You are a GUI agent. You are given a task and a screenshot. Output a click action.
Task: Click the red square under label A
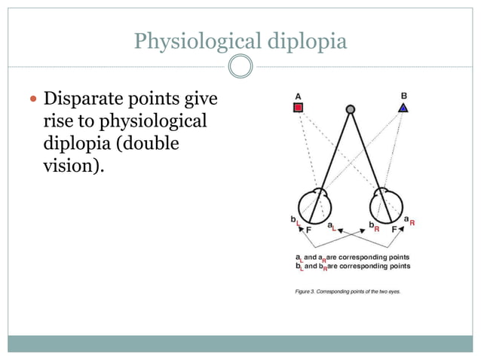click(299, 108)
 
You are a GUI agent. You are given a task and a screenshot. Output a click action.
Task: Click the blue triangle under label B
click(404, 108)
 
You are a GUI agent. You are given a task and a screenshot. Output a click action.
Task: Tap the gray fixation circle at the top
click(350, 110)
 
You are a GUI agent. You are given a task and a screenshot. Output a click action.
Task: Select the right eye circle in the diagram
click(386, 205)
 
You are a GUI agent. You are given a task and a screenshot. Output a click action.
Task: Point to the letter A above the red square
click(299, 96)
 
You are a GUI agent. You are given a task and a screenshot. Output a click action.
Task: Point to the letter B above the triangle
click(404, 96)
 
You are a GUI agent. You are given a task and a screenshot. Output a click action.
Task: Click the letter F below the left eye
click(308, 229)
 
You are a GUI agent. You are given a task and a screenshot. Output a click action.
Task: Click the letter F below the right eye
click(394, 229)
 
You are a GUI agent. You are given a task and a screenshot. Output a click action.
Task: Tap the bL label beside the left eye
click(294, 220)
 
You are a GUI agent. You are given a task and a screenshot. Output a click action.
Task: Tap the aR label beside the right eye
click(410, 221)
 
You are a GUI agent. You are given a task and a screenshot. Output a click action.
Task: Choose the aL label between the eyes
click(332, 226)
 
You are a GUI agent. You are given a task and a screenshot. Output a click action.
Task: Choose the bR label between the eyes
click(373, 226)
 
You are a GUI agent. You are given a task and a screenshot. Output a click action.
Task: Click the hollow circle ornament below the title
click(240, 67)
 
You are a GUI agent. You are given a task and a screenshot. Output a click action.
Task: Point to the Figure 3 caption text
click(348, 291)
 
